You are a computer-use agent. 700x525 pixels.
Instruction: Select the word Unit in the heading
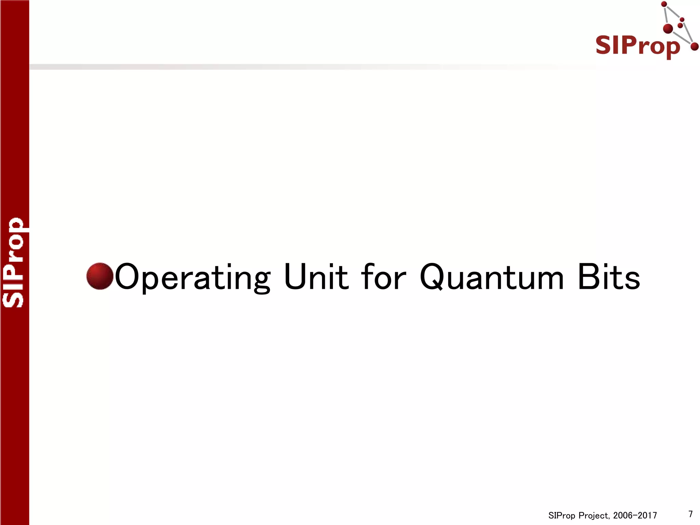(316, 277)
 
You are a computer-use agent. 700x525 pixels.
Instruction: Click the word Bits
(609, 277)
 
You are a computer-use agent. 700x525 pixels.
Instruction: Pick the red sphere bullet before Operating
(100, 276)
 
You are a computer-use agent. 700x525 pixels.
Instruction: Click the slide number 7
(690, 514)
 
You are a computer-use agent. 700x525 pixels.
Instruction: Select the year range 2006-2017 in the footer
(635, 515)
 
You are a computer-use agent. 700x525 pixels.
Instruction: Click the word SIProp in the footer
(562, 515)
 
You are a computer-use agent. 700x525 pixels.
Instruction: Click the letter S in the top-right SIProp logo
(604, 45)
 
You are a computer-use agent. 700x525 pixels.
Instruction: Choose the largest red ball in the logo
(668, 29)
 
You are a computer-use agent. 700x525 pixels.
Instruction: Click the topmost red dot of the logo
(664, 4)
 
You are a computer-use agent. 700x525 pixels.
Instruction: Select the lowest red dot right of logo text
(694, 47)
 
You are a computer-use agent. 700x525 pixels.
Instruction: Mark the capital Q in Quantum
(431, 277)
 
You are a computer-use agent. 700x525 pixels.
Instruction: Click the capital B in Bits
(587, 277)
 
